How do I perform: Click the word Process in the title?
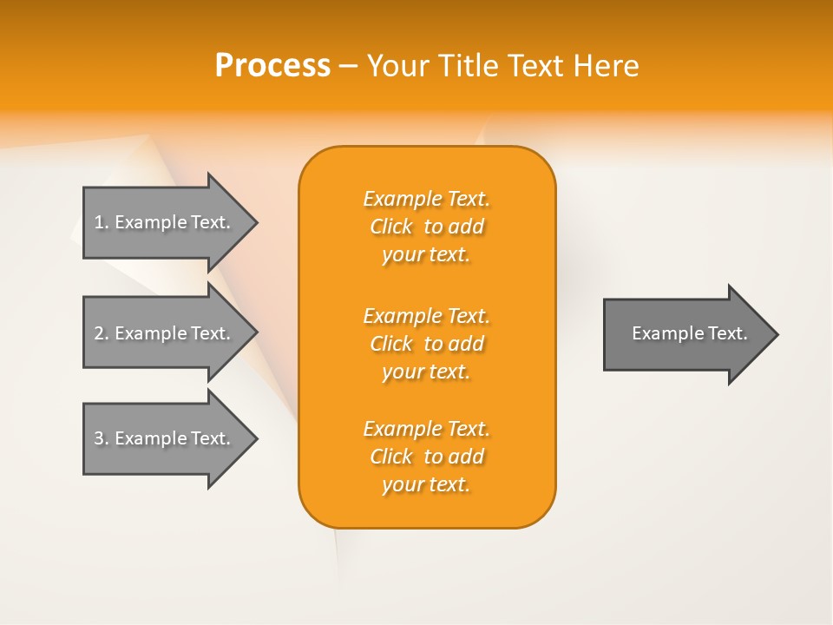click(x=272, y=66)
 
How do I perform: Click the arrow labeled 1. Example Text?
click(x=165, y=222)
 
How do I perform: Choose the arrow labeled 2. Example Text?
click(x=165, y=333)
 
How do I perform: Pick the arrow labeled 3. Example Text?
click(x=165, y=438)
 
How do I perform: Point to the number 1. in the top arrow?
click(x=102, y=222)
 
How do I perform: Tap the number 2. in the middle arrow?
click(x=102, y=333)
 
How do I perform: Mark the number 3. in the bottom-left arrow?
click(x=102, y=438)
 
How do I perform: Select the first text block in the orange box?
click(x=426, y=227)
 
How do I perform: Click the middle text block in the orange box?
click(x=426, y=344)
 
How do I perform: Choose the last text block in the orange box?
click(x=426, y=457)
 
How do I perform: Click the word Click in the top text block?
click(x=391, y=227)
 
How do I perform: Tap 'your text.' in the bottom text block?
click(x=426, y=484)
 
